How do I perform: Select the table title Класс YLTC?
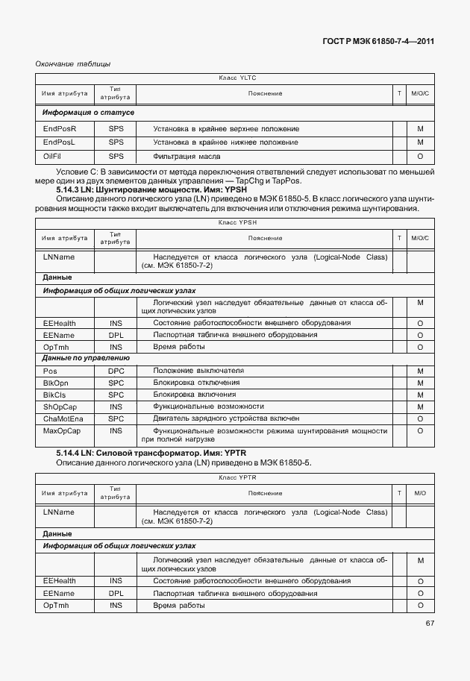(237, 78)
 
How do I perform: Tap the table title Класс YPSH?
(237, 222)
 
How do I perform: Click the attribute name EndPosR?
(60, 128)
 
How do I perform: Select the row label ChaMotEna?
(63, 418)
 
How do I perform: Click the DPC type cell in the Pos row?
(116, 371)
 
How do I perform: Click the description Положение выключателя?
(198, 371)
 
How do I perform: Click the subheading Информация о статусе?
(88, 113)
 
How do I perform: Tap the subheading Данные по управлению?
(87, 358)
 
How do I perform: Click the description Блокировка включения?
(195, 395)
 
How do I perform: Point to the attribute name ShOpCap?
(60, 407)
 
